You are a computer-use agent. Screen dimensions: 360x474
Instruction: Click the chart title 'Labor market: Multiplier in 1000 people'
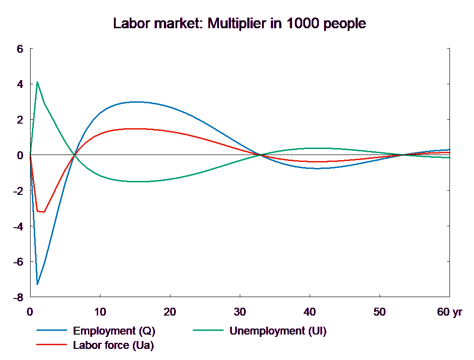click(240, 24)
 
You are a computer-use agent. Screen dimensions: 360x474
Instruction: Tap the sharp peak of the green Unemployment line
click(37, 82)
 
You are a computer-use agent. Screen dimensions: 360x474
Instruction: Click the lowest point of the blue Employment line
click(37, 284)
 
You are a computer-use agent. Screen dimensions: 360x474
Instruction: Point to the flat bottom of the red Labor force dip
click(41, 211)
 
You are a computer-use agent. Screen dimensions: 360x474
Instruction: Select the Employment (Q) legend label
click(114, 331)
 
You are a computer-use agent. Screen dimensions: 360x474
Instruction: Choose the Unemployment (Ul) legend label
click(278, 331)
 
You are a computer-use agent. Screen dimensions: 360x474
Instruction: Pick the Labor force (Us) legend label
click(113, 345)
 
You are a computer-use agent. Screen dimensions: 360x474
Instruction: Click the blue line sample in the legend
click(52, 331)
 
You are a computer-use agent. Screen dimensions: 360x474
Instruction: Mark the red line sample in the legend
click(52, 345)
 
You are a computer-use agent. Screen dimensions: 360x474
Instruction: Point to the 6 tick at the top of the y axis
click(20, 49)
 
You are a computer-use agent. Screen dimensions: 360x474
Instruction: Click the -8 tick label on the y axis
click(18, 297)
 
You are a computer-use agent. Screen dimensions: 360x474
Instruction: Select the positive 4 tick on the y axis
click(20, 84)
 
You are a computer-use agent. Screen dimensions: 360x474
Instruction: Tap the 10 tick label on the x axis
click(100, 312)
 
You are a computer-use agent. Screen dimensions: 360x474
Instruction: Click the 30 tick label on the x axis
click(239, 312)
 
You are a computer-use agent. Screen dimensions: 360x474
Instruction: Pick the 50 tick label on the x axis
click(379, 312)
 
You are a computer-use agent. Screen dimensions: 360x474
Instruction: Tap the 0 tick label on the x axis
click(30, 312)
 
